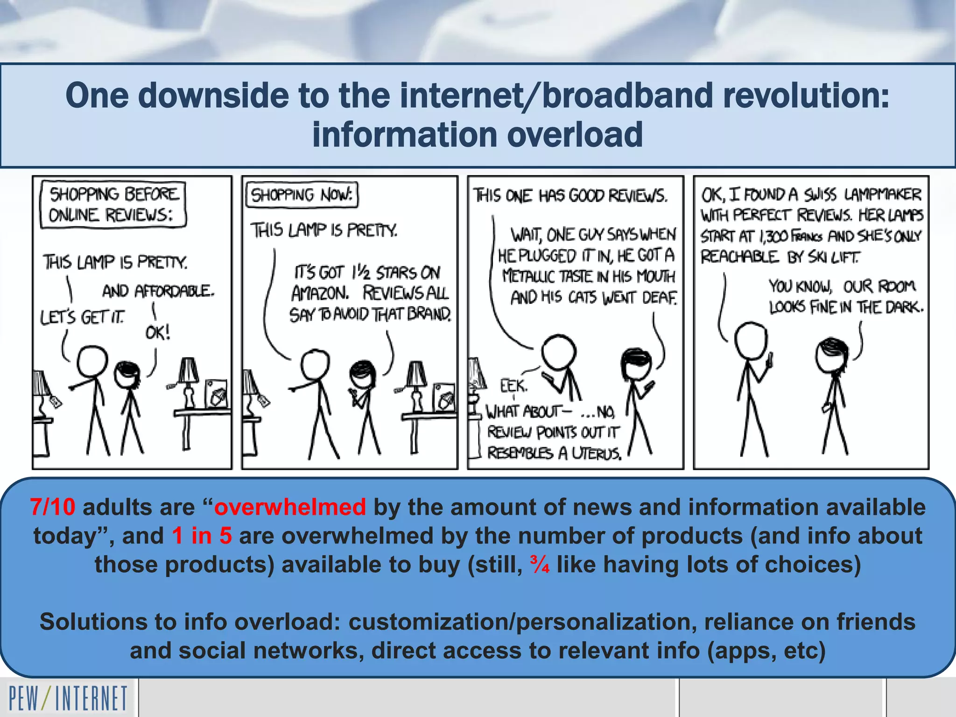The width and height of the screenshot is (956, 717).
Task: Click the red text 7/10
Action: point(52,507)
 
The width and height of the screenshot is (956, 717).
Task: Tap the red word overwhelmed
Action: point(290,507)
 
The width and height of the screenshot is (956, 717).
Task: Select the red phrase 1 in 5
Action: point(202,535)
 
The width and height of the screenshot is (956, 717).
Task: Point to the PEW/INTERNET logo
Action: point(68,698)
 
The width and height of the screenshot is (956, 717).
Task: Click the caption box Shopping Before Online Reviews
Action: point(113,204)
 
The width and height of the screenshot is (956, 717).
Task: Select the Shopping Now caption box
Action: point(302,195)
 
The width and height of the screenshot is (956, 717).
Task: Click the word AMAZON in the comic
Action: point(320,294)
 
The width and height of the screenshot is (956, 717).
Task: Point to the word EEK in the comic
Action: point(513,386)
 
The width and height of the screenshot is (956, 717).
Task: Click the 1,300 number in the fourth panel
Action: point(776,237)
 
